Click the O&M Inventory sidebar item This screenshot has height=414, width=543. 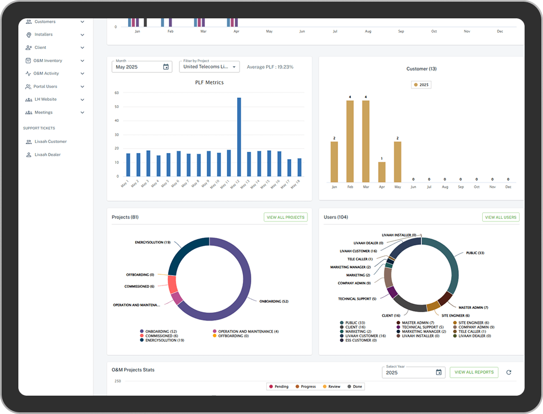48,61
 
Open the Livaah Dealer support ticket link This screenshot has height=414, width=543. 47,155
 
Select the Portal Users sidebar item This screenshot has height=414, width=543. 45,86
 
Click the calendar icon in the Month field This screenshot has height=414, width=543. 165,67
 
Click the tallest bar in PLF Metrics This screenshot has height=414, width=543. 239,137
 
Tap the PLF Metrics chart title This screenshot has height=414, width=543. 209,83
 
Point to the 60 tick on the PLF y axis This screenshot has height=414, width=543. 116,92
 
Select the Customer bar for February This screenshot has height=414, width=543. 350,141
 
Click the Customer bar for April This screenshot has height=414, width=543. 381,172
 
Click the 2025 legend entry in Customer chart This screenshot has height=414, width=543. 421,85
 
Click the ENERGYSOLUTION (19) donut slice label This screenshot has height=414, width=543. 152,243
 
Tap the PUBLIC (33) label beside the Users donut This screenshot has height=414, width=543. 474,253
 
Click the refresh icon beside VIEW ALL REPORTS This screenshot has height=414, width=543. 508,372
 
